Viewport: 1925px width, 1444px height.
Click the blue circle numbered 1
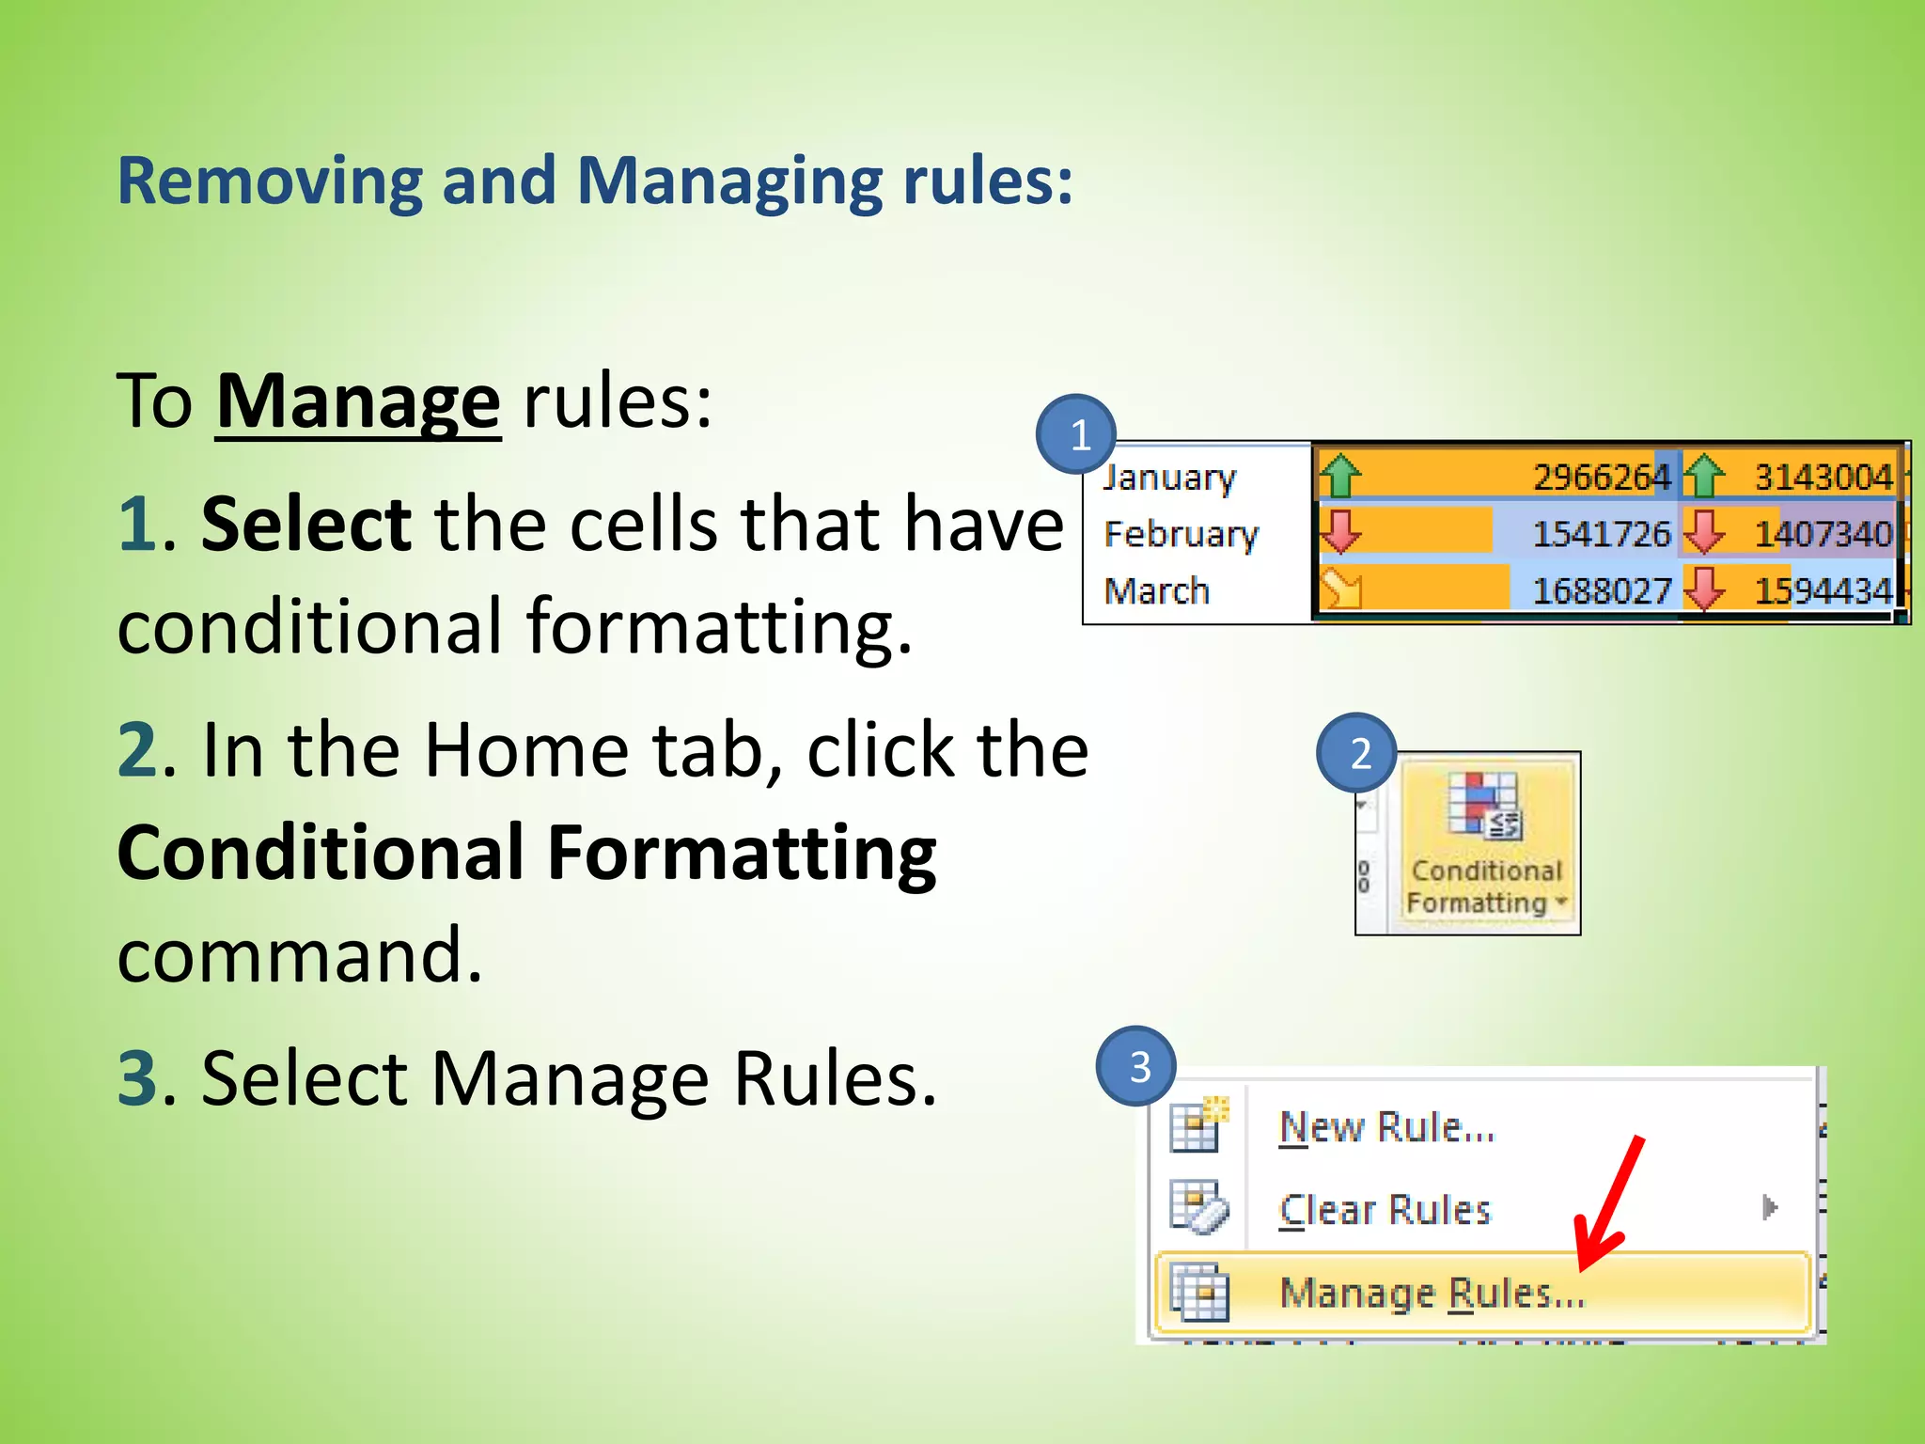1076,434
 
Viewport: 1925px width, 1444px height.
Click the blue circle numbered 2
1357,753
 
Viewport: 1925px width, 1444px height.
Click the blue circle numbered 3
1137,1066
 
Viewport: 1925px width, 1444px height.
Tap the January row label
1168,478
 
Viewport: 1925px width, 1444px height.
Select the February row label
1181,534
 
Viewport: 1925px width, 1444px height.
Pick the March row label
1156,590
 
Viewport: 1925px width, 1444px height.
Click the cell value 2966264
1601,478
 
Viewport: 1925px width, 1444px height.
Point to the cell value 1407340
1823,534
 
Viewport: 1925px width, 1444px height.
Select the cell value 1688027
1601,590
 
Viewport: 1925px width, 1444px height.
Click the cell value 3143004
1823,478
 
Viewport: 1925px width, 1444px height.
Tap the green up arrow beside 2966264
1339,476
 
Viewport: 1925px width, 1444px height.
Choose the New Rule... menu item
1386,1126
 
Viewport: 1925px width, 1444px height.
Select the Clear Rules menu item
1385,1209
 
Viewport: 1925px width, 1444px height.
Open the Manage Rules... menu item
1432,1294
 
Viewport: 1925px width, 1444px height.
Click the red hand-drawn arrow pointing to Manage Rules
1610,1203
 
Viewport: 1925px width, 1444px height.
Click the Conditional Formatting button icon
1484,804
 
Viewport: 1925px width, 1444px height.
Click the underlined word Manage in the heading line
357,401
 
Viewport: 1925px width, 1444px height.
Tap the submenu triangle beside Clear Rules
1770,1207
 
